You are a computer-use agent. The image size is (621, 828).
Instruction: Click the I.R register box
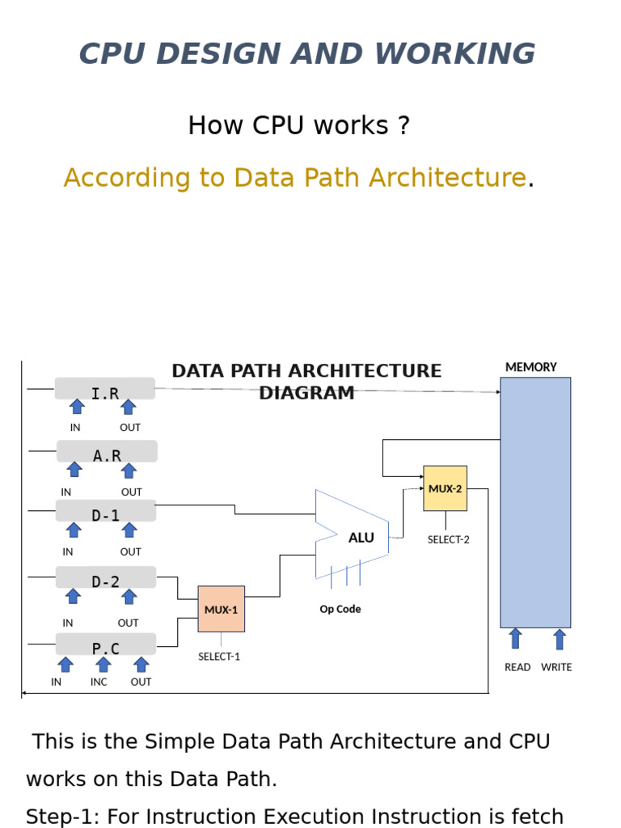(x=104, y=389)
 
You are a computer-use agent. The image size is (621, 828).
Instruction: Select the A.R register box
(x=107, y=451)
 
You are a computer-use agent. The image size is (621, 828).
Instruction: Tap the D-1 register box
(x=106, y=511)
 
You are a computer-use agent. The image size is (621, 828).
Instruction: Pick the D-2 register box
(x=106, y=577)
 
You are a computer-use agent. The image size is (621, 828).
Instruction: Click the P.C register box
(x=106, y=644)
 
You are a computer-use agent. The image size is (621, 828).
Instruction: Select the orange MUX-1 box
(x=222, y=609)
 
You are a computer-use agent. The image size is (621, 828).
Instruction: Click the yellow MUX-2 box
(x=446, y=488)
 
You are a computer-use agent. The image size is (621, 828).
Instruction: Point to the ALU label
(x=361, y=538)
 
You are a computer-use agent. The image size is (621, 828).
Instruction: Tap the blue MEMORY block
(x=535, y=503)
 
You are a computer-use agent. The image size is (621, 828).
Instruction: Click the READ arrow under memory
(x=515, y=639)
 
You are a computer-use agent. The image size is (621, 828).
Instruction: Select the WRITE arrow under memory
(x=560, y=639)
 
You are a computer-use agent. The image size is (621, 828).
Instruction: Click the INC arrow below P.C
(x=103, y=665)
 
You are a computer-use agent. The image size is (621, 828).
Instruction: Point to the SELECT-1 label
(x=219, y=657)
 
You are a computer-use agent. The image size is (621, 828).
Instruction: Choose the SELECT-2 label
(x=448, y=539)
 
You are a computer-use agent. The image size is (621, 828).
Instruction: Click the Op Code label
(x=340, y=609)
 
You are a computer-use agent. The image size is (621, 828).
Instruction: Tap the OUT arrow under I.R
(x=129, y=408)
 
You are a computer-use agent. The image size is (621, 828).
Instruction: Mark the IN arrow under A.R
(x=74, y=470)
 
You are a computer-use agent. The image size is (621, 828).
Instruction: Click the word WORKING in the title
(x=454, y=53)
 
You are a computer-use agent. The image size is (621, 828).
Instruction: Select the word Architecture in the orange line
(x=448, y=177)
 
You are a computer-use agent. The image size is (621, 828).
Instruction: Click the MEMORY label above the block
(x=531, y=367)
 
